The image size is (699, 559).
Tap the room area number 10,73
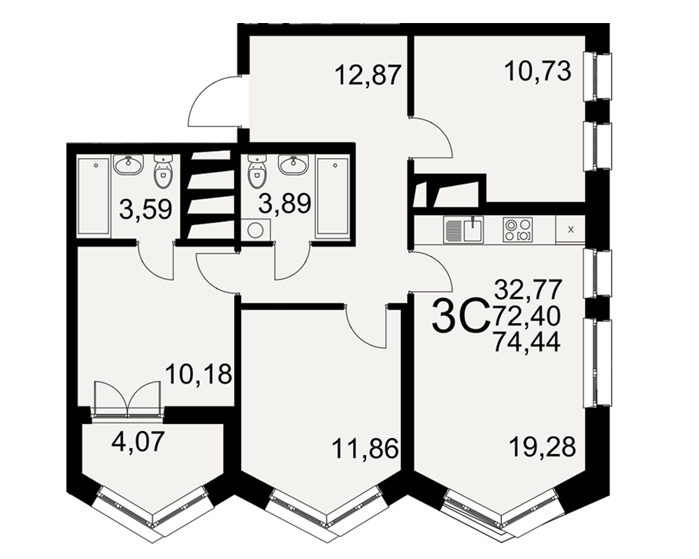click(x=538, y=71)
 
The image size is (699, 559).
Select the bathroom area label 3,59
click(x=146, y=209)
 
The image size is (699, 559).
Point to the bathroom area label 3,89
click(x=284, y=204)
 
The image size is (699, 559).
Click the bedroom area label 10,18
click(x=199, y=374)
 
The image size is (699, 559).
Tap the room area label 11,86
click(x=365, y=449)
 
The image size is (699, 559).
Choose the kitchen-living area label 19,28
click(x=542, y=447)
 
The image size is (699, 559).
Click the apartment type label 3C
click(x=460, y=316)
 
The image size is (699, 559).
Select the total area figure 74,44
click(x=526, y=343)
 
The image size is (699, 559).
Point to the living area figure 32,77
click(x=529, y=290)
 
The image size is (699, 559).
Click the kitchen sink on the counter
click(x=463, y=229)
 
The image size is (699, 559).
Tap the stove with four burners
click(x=517, y=229)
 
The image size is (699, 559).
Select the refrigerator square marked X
click(x=570, y=230)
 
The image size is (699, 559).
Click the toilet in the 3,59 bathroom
click(x=164, y=172)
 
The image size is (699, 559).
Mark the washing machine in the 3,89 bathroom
click(x=255, y=231)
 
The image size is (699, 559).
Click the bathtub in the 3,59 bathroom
click(x=94, y=194)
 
